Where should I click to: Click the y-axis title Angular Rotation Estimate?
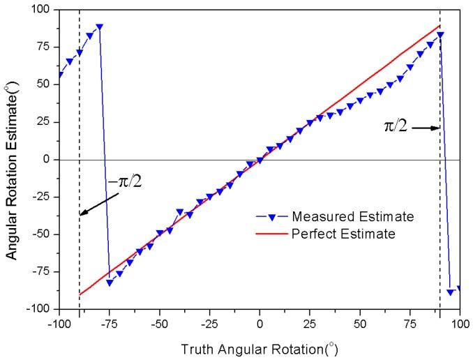click(x=12, y=159)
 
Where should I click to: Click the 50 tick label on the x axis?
click(x=360, y=324)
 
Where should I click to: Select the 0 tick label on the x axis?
click(x=260, y=324)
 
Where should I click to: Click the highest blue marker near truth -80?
click(x=100, y=27)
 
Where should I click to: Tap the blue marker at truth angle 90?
click(x=440, y=35)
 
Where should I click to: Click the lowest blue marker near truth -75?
click(x=110, y=283)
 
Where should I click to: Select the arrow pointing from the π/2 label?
click(x=426, y=128)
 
